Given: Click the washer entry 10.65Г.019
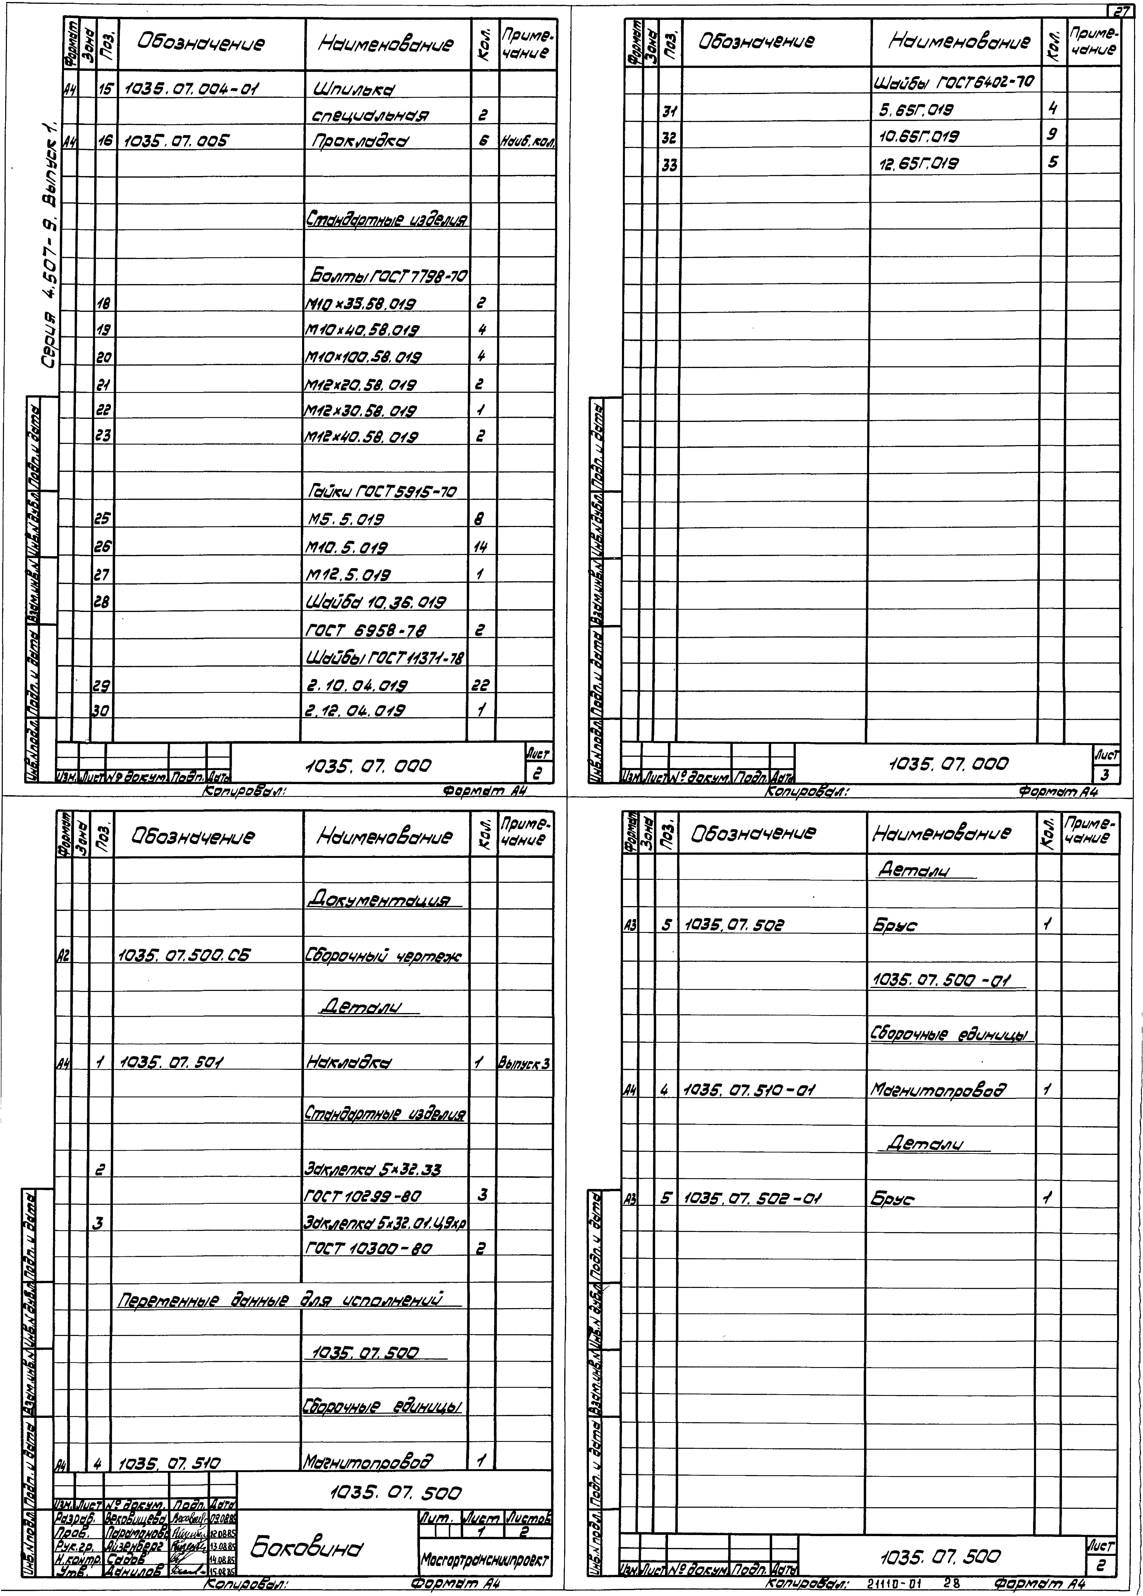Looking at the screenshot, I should tap(919, 136).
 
